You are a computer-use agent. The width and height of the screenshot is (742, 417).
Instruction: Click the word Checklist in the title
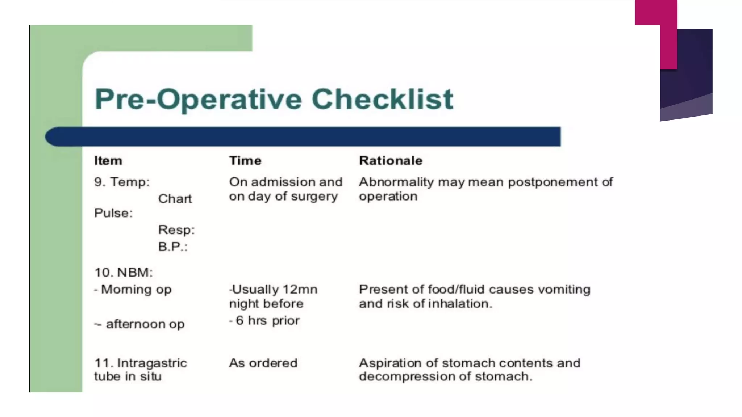pyautogui.click(x=382, y=99)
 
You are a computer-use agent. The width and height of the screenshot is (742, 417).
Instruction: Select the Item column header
pyautogui.click(x=108, y=160)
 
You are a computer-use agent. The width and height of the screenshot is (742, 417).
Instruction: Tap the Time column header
pyautogui.click(x=245, y=160)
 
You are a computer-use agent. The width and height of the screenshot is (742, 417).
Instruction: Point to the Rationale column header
pyautogui.click(x=391, y=160)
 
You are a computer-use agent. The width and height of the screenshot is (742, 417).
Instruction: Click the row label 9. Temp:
pyautogui.click(x=122, y=182)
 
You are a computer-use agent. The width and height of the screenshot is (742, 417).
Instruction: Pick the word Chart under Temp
pyautogui.click(x=175, y=199)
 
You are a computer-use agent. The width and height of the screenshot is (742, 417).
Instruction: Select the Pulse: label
pyautogui.click(x=113, y=213)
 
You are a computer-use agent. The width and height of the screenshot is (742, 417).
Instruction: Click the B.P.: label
pyautogui.click(x=173, y=247)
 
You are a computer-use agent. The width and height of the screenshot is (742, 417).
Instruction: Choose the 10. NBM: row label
pyautogui.click(x=124, y=272)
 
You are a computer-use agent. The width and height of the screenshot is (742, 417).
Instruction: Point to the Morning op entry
pyautogui.click(x=133, y=290)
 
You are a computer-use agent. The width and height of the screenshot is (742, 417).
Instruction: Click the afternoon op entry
pyautogui.click(x=139, y=324)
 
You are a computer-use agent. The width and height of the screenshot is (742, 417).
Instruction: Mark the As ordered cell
pyautogui.click(x=263, y=363)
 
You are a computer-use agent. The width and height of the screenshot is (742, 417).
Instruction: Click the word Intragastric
pyautogui.click(x=152, y=363)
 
